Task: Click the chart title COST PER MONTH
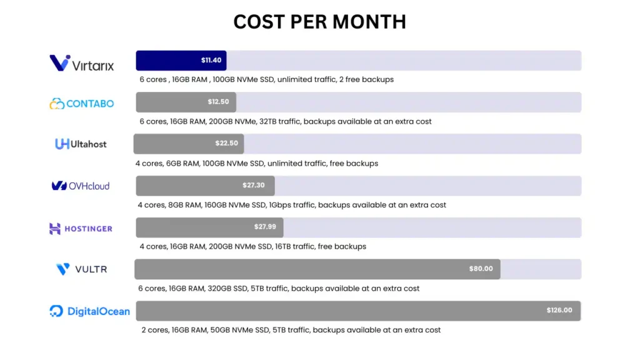click(319, 22)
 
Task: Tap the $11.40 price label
click(211, 61)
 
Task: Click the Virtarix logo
click(82, 63)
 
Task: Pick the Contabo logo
click(82, 103)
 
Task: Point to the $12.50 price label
click(218, 102)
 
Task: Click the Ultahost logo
click(81, 144)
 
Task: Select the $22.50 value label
click(226, 143)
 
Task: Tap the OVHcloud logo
click(81, 186)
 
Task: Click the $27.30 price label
click(253, 185)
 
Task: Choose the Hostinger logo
click(81, 229)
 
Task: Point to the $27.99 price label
click(265, 226)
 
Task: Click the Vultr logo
click(81, 269)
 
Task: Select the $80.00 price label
click(481, 269)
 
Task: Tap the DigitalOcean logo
click(90, 311)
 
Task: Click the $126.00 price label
click(559, 310)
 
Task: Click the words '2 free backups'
click(368, 80)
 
